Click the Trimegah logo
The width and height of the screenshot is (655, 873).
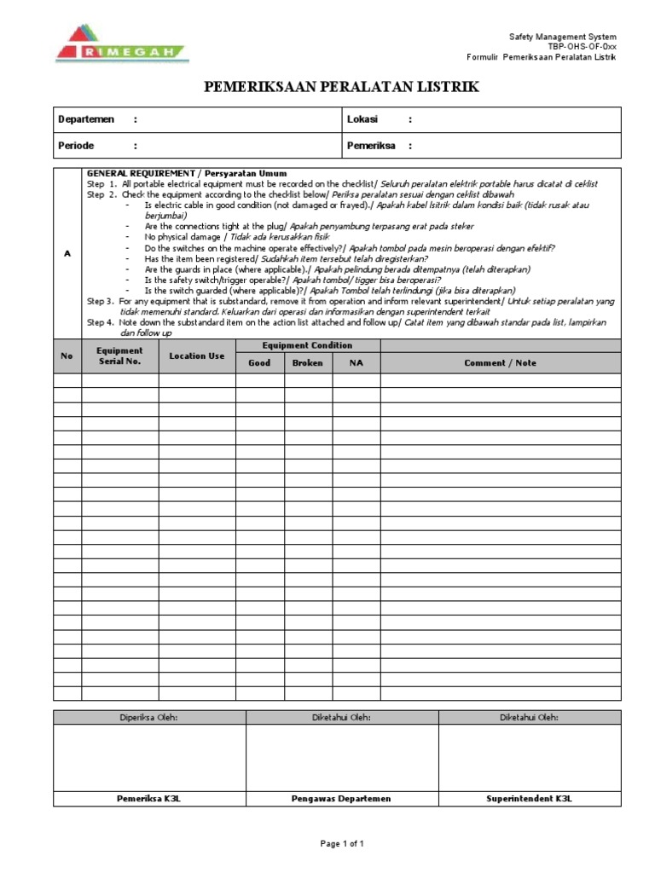[x=122, y=43]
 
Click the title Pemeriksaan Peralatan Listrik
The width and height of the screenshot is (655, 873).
[x=340, y=87]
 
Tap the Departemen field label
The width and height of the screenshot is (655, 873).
[x=84, y=119]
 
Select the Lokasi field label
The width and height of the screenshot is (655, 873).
[x=362, y=119]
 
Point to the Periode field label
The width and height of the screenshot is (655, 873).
[x=76, y=146]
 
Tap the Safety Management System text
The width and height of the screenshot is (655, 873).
[x=561, y=37]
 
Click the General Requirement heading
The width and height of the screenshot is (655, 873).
[x=187, y=174]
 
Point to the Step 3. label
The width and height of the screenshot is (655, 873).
[x=100, y=302]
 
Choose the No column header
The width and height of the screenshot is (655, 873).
[x=67, y=356]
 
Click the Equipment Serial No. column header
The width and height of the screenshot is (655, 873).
[x=119, y=356]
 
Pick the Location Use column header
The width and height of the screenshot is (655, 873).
[x=197, y=356]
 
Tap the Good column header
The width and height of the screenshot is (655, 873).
[x=259, y=363]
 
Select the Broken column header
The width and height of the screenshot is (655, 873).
[x=308, y=363]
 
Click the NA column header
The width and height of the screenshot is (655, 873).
[x=356, y=363]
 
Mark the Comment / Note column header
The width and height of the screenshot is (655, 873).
[x=500, y=363]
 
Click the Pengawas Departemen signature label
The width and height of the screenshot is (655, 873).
[x=341, y=799]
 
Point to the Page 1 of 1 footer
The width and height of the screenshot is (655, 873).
[x=342, y=844]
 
